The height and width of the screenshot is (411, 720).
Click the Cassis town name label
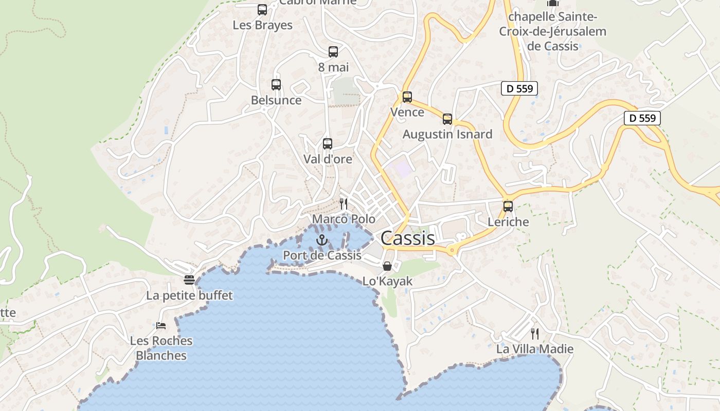click(408, 238)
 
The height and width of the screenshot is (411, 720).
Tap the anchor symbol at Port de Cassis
click(321, 240)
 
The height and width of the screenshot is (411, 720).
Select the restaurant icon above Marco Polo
click(344, 204)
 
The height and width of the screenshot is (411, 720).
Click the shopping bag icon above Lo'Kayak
click(387, 266)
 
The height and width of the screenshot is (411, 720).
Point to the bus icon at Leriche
click(508, 207)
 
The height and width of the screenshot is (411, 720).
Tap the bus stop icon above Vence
click(407, 97)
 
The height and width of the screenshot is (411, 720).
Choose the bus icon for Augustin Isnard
click(447, 119)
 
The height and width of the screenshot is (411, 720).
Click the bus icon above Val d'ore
click(328, 144)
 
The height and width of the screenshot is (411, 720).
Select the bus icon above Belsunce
click(276, 85)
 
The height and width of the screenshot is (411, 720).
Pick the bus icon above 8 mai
click(333, 52)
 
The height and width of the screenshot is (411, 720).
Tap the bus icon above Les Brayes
click(262, 10)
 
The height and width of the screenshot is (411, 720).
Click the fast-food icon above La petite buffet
click(189, 280)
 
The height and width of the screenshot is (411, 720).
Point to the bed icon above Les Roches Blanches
click(161, 326)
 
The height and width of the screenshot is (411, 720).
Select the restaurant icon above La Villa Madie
click(535, 334)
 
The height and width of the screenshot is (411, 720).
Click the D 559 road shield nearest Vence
click(519, 88)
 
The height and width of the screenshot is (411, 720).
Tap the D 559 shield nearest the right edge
click(642, 118)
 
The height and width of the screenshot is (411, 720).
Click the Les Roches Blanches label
click(161, 348)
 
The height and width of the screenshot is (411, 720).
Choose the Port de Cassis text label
click(322, 255)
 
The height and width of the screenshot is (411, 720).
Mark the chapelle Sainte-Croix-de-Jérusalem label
click(553, 31)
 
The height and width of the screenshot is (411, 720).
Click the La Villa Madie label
click(535, 349)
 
